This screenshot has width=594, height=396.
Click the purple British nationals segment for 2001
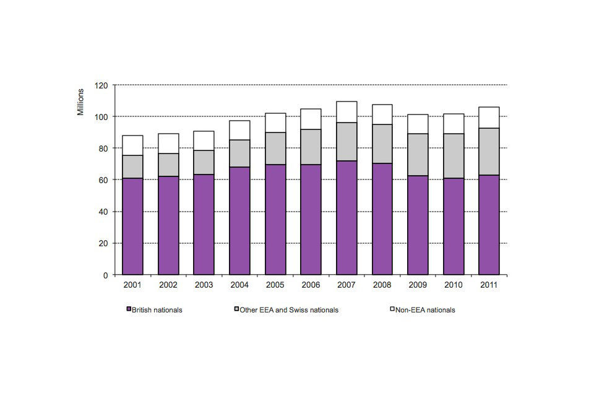[x=132, y=226]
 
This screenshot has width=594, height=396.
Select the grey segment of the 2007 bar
[x=346, y=142]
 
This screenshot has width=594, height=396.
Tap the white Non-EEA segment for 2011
[x=489, y=118]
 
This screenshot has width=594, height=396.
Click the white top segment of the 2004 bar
[x=239, y=130]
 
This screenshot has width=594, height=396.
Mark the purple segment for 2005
[x=275, y=220]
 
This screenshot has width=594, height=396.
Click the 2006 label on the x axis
[x=311, y=285]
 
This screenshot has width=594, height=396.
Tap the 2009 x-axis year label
[x=418, y=285]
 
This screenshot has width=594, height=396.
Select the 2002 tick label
[x=168, y=285]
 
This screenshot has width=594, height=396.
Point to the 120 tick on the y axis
[x=101, y=85]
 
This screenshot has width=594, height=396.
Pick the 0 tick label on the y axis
[x=105, y=275]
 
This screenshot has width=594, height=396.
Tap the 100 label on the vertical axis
[x=101, y=116]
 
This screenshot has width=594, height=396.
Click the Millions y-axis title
[x=81, y=102]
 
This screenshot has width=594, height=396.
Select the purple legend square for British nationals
[x=129, y=309]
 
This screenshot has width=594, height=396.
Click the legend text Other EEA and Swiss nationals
[x=288, y=310]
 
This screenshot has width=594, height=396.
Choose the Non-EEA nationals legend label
[x=425, y=310]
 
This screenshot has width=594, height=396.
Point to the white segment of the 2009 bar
[x=418, y=124]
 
